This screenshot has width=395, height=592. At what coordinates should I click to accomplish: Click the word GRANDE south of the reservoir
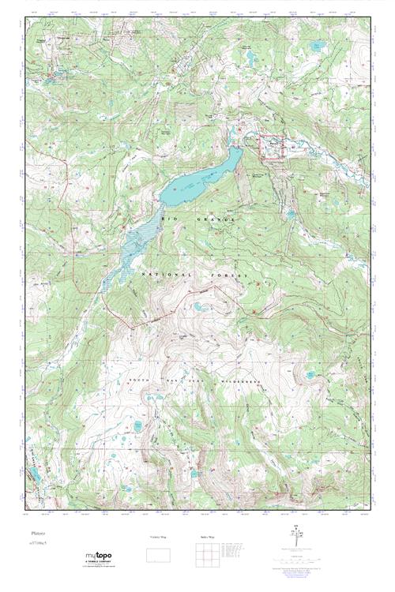(213, 222)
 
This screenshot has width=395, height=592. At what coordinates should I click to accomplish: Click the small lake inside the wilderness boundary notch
(195, 305)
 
